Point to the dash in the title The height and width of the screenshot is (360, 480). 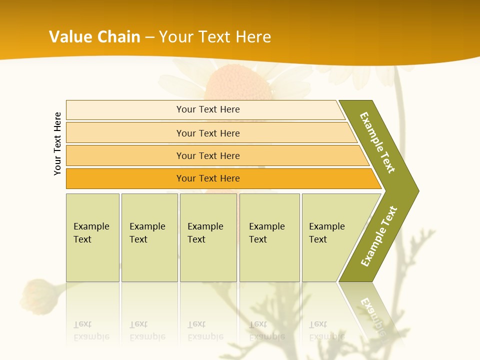point(149,37)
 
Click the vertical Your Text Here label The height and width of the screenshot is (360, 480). point(57,143)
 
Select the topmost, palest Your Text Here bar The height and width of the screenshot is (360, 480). point(208,109)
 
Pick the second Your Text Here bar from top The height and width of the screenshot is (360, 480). point(208,133)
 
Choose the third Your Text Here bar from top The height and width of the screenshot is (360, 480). point(208,155)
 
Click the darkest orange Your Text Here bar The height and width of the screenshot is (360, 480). point(208,178)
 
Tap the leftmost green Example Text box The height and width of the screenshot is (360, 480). point(92,237)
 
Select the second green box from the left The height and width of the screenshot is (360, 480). point(149,237)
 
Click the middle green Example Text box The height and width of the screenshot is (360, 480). point(208,237)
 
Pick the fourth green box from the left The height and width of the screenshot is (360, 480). point(269,237)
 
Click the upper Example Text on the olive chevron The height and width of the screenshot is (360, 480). point(377,142)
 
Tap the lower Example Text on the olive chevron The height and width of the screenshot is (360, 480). point(378,236)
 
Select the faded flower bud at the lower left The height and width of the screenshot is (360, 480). point(35,295)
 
